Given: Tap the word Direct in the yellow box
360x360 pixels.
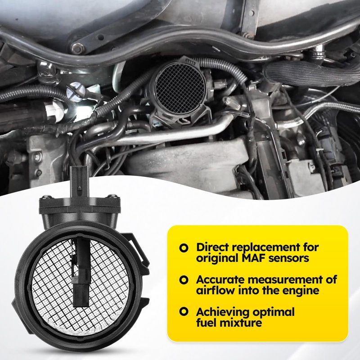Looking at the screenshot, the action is click(213, 247).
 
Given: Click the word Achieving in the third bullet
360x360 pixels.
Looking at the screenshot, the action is click(222, 312).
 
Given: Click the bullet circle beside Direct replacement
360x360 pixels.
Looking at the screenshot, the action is click(184, 248).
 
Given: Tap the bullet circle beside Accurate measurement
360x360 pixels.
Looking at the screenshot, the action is click(184, 280).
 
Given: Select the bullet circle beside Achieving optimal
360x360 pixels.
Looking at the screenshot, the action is click(184, 311).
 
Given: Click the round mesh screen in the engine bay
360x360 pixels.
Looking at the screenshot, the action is click(180, 88).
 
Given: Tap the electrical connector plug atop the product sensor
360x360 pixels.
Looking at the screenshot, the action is click(79, 181).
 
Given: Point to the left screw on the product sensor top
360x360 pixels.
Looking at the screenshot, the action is click(46, 197).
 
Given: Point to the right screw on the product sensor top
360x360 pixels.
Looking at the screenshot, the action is click(113, 196).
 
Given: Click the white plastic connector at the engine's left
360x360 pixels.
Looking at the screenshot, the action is click(54, 111).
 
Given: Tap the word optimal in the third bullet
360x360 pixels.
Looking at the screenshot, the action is click(273, 312).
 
